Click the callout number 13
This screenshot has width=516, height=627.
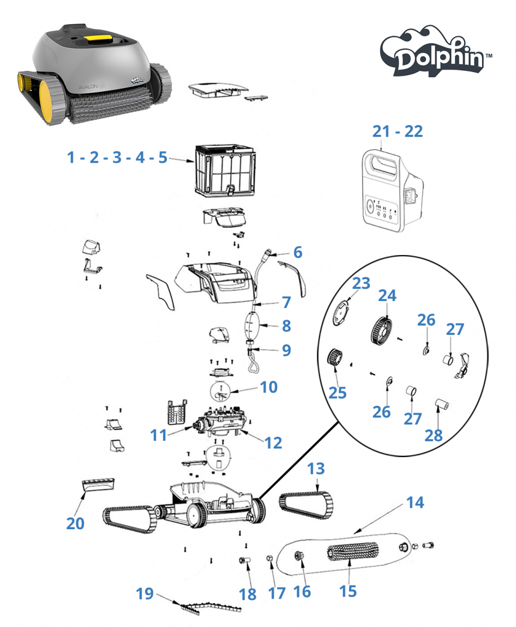(316, 469)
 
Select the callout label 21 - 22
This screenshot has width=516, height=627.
(398, 131)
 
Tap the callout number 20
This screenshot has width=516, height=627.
(75, 523)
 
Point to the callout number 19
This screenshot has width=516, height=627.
(145, 594)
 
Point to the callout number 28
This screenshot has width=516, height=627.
(434, 435)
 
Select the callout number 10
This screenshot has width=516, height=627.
(268, 387)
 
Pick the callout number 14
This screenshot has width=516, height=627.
(415, 501)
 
